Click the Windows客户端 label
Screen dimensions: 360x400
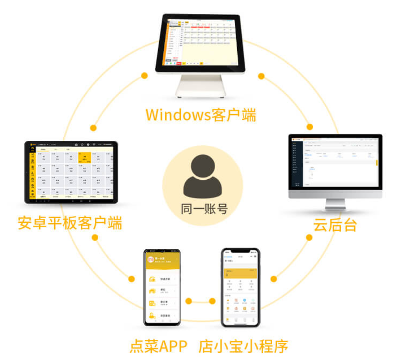click(x=201, y=116)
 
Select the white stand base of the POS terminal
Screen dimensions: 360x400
click(x=201, y=88)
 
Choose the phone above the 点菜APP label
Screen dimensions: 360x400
click(x=163, y=287)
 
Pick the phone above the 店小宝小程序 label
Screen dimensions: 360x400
click(x=240, y=288)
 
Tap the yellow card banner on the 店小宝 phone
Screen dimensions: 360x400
click(x=240, y=274)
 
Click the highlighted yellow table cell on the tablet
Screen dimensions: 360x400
click(x=85, y=159)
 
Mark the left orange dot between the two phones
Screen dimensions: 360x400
click(x=189, y=301)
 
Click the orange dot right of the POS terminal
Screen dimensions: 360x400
click(x=261, y=76)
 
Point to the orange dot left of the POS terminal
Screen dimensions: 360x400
click(x=144, y=75)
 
